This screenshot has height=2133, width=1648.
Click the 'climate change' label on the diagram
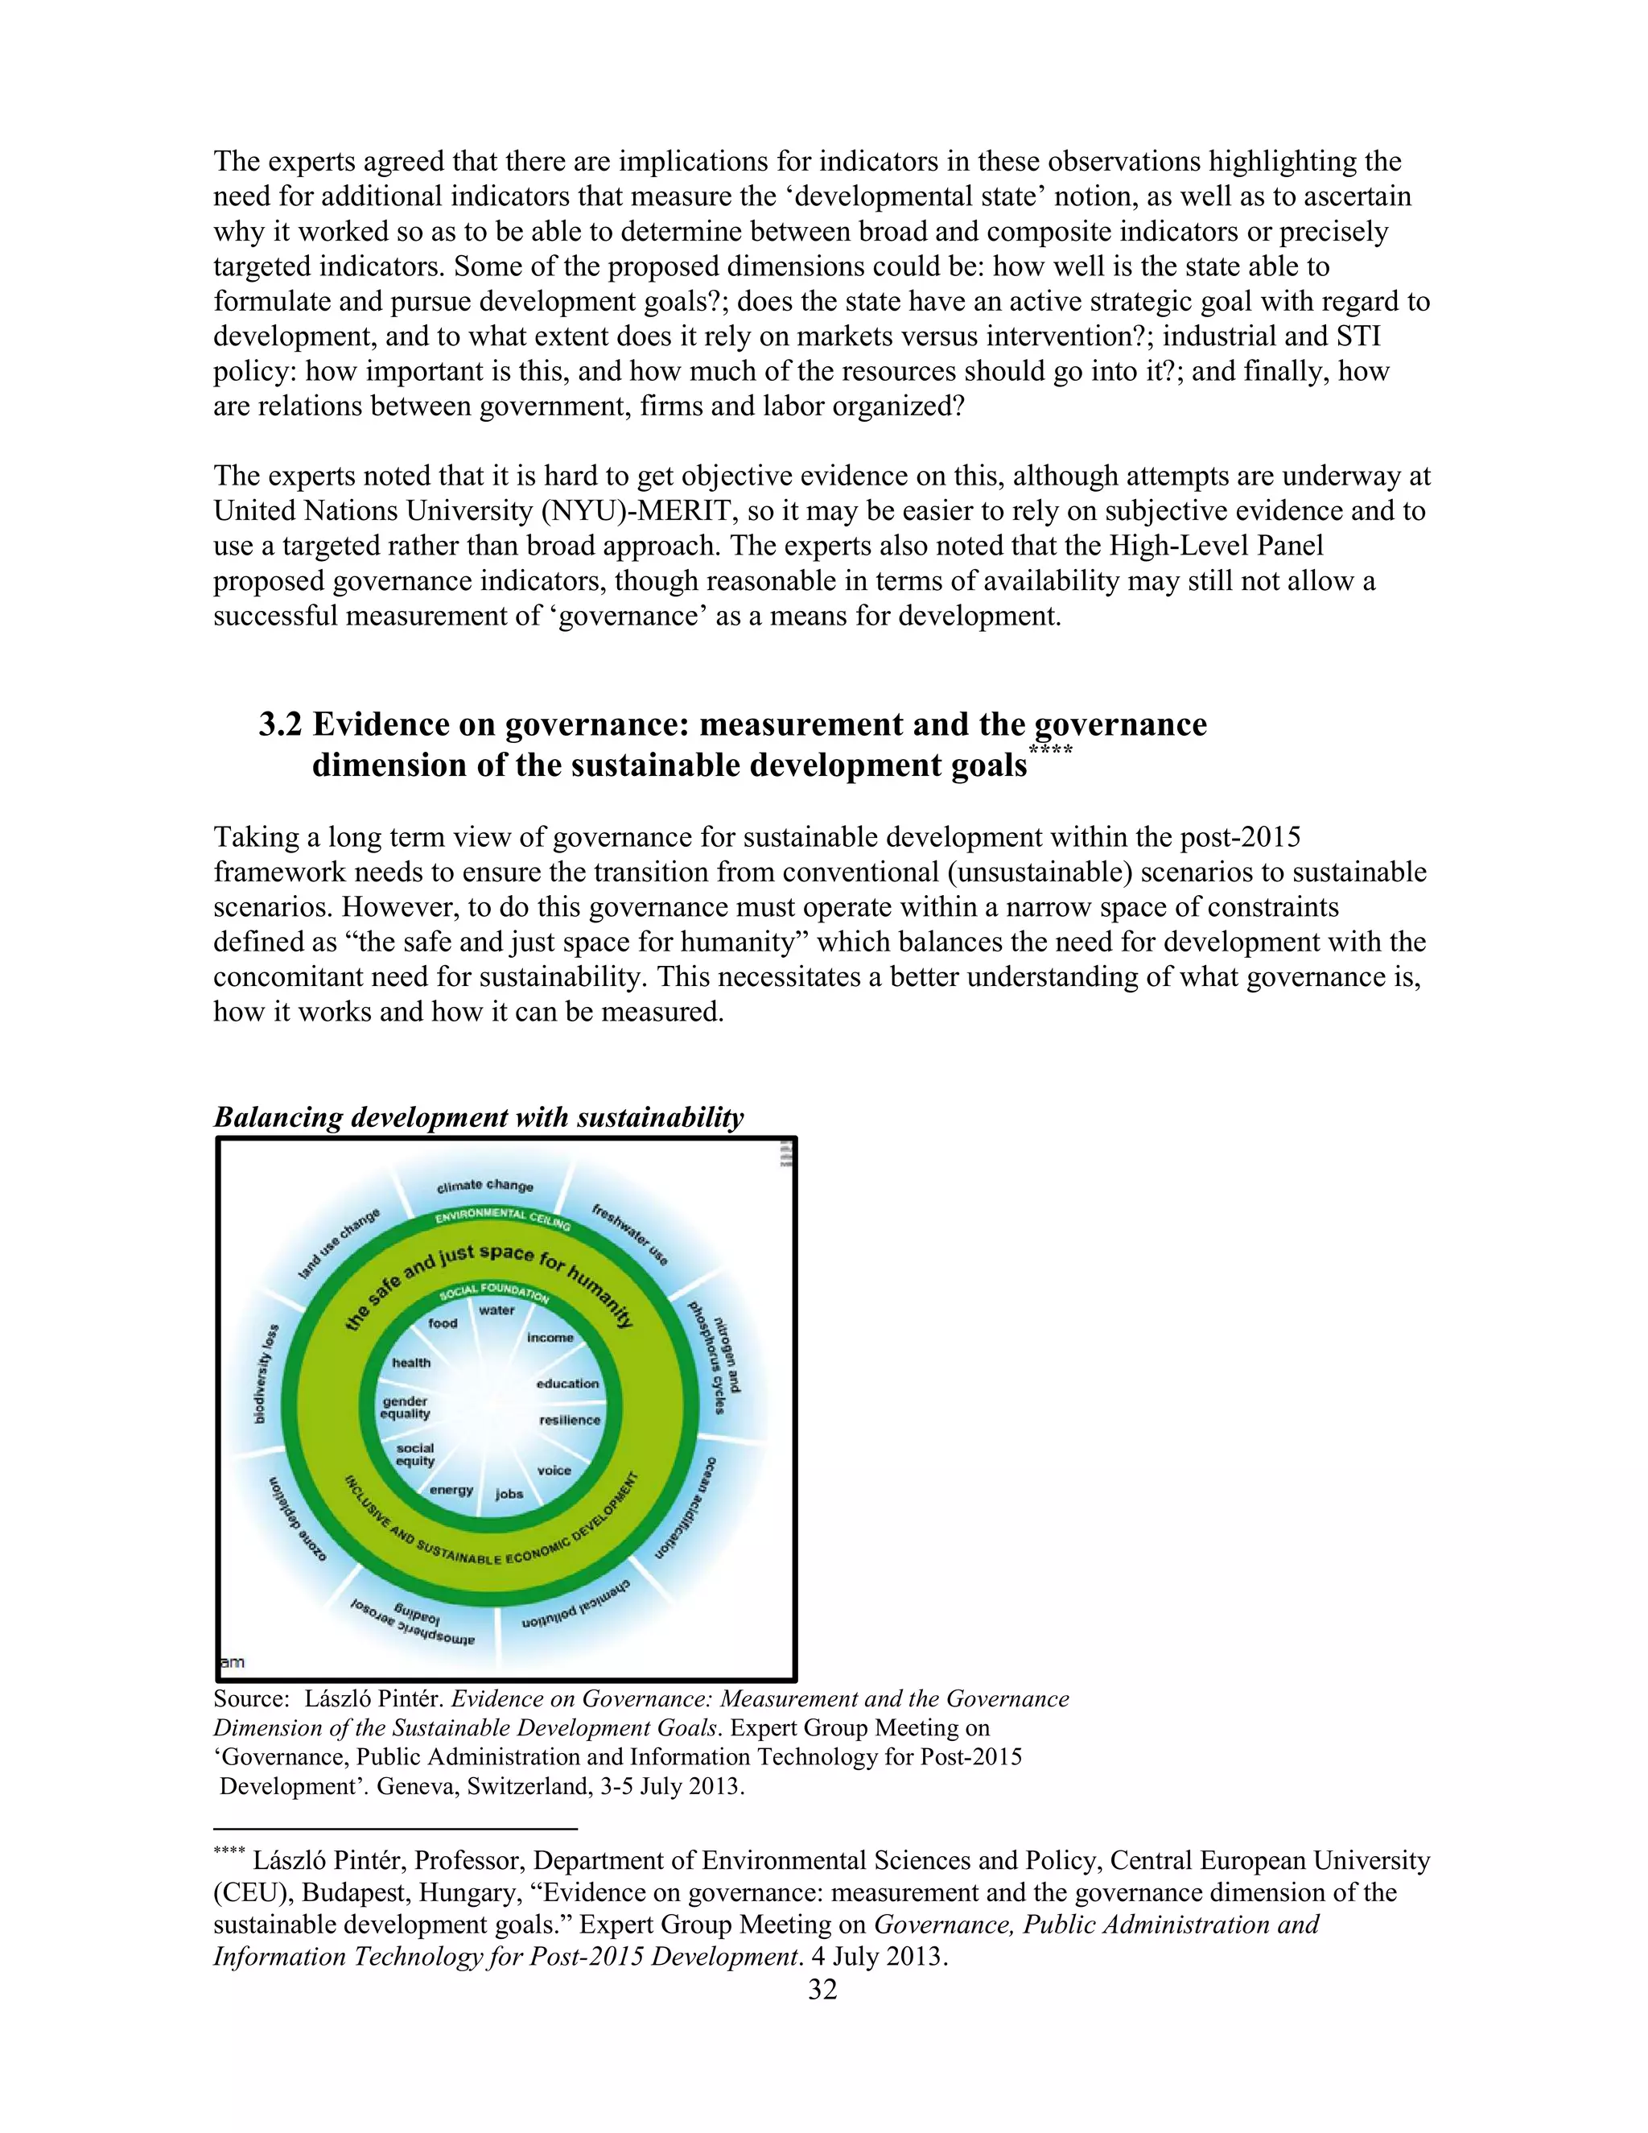484,1186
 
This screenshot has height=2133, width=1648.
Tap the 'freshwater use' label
630,1235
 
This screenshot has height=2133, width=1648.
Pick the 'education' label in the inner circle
567,1383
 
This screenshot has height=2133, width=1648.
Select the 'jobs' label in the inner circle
509,1493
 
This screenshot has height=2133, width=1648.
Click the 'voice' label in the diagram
554,1470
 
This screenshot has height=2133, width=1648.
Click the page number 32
822,1990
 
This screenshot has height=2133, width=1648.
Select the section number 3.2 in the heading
280,724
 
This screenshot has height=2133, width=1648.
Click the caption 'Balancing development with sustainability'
479,1117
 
